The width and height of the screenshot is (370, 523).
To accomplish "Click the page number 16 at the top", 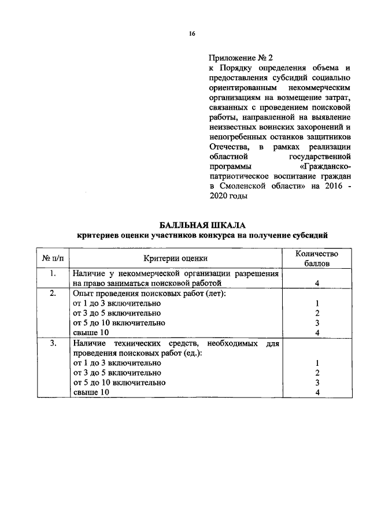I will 192,34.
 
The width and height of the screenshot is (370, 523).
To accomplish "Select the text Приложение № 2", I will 239,58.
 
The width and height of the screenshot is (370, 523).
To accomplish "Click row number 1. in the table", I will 53,273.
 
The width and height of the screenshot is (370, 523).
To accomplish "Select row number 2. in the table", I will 53,294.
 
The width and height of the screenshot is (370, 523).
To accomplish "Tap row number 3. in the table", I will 53,343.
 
